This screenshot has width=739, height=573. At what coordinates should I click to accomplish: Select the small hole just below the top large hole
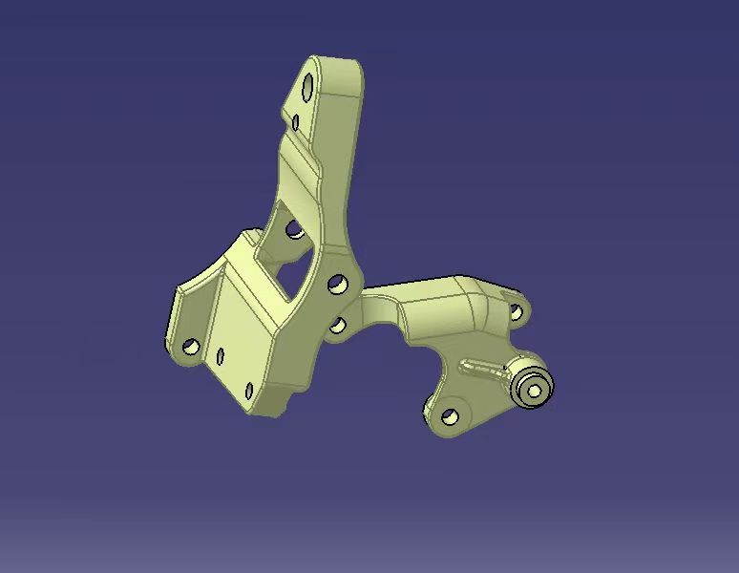pyautogui.click(x=297, y=122)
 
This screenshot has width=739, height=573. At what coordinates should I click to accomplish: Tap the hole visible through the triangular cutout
pyautogui.click(x=294, y=229)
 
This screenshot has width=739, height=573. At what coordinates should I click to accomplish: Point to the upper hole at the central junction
pyautogui.click(x=336, y=284)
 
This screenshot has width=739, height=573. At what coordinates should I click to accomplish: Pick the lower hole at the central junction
pyautogui.click(x=337, y=326)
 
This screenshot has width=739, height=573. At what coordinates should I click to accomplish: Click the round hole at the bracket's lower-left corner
pyautogui.click(x=190, y=346)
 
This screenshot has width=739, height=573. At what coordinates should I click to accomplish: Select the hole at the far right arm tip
pyautogui.click(x=516, y=310)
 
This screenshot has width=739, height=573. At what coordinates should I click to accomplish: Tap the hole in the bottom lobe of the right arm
pyautogui.click(x=450, y=415)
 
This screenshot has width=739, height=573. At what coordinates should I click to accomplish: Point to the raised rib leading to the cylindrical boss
pyautogui.click(x=483, y=367)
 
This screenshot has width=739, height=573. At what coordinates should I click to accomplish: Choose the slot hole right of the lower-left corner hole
pyautogui.click(x=221, y=356)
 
